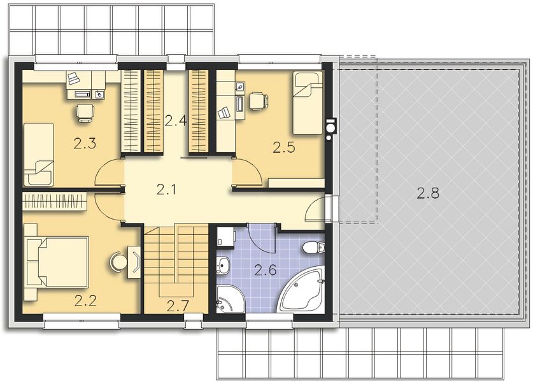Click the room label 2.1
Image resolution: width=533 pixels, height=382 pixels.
point(166,188)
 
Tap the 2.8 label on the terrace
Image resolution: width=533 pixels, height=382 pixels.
point(427,194)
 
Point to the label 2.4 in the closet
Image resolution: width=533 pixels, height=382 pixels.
point(175,120)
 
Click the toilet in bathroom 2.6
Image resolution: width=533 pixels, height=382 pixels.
point(313,248)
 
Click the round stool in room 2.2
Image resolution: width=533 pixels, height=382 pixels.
point(118,261)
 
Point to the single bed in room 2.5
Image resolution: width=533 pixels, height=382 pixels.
point(308,102)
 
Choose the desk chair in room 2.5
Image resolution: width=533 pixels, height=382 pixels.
point(258,101)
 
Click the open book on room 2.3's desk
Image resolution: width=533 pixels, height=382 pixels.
point(73,79)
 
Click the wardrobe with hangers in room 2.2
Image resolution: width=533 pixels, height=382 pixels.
point(55,201)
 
